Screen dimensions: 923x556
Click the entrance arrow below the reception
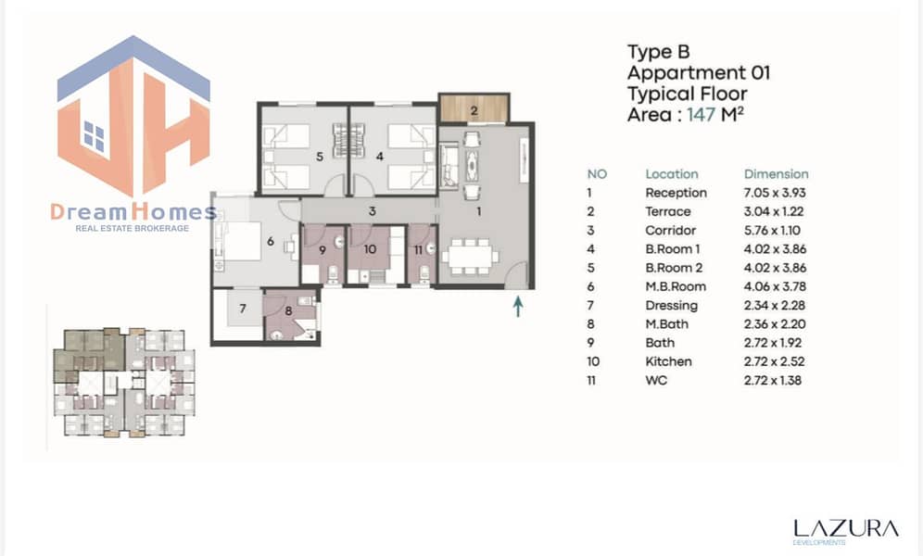518,306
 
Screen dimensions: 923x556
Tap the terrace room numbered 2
474,108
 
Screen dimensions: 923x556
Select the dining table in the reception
471,257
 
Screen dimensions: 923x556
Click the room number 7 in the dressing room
243,309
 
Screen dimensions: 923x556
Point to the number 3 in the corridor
372,210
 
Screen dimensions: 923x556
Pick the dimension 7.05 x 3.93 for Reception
775,193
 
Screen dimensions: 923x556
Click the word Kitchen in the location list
668,361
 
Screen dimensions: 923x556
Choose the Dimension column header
776,174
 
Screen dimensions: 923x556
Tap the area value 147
701,114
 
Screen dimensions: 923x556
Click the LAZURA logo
846,529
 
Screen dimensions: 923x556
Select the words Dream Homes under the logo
133,212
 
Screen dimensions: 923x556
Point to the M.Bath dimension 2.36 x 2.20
775,324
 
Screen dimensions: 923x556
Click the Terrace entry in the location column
668,212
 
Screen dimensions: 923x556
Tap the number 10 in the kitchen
370,249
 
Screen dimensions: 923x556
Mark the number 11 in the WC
418,250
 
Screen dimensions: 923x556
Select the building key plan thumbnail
124,383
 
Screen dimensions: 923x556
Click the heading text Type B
658,52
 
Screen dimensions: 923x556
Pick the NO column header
597,174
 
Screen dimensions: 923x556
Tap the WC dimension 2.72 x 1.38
773,380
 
